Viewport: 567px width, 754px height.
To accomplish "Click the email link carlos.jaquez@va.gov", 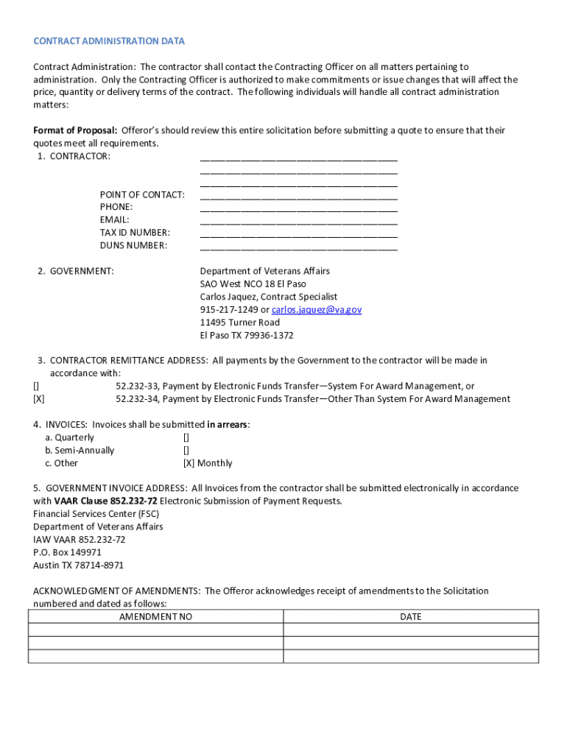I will tap(317, 310).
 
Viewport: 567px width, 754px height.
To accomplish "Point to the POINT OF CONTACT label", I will tap(142, 194).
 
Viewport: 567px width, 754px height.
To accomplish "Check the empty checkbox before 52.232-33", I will tap(36, 387).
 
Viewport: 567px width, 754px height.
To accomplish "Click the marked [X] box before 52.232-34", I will tap(38, 399).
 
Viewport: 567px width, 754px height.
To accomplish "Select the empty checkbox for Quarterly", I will tap(186, 437).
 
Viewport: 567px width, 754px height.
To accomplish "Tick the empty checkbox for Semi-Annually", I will tap(186, 451).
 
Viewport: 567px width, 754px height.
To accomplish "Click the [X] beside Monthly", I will tap(189, 463).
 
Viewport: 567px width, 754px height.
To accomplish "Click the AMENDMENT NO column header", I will tap(155, 617).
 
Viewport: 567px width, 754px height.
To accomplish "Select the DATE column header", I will tap(410, 617).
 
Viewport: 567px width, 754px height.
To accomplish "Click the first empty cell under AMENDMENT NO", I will tap(155, 630).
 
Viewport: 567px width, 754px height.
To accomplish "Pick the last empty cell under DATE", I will tap(410, 656).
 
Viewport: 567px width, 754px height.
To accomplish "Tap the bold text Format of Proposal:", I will tap(75, 130).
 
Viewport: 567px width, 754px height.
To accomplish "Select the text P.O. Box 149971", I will tap(67, 552).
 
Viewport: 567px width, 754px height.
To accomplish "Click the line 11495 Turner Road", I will tap(239, 323).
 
